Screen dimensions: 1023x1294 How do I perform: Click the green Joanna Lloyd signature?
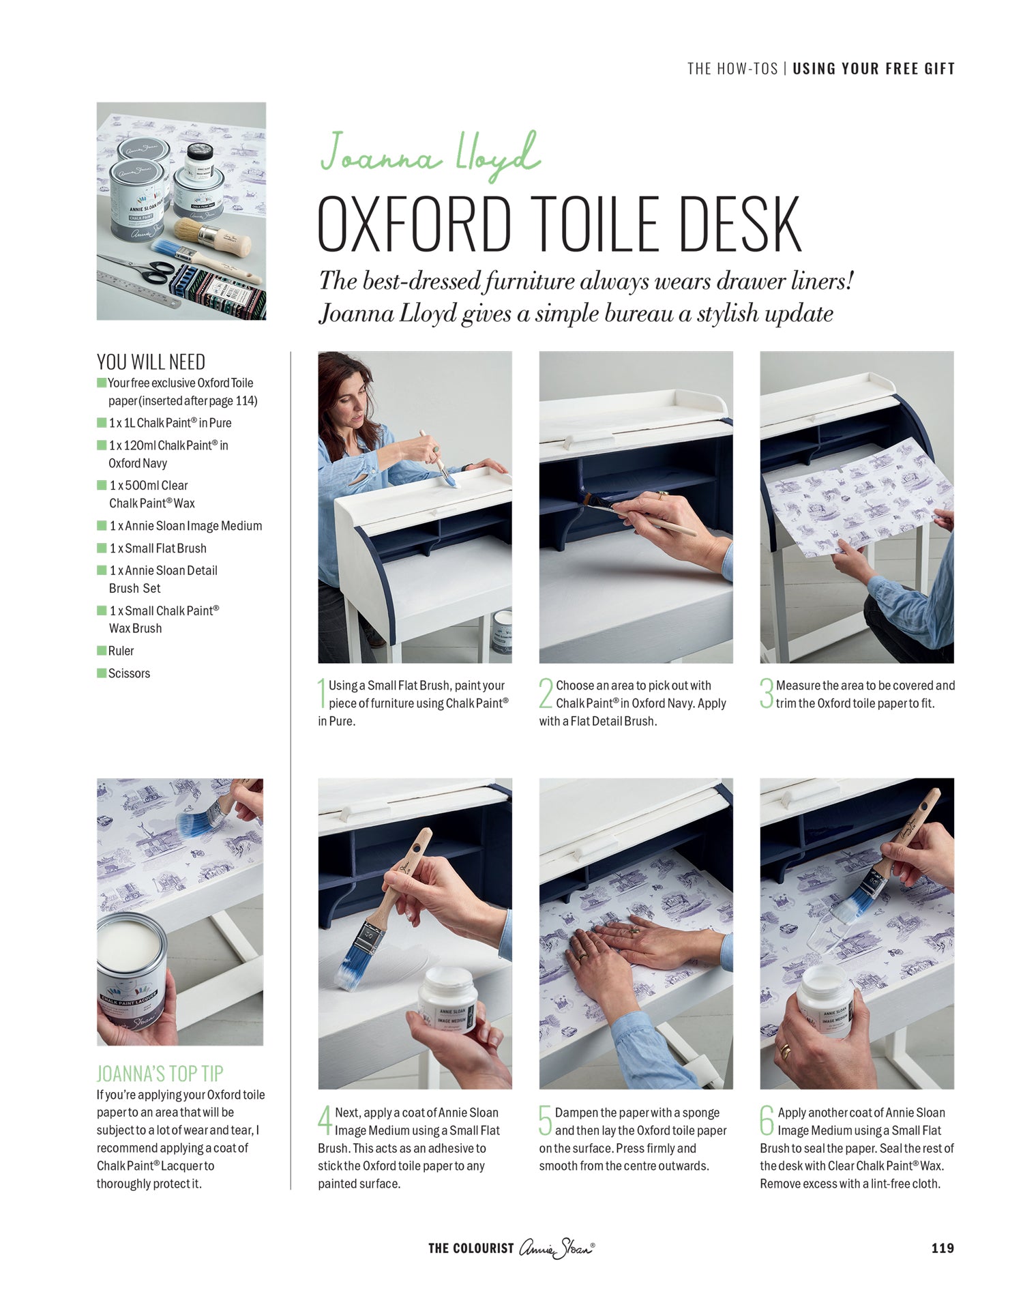point(430,156)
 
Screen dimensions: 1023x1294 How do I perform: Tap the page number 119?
point(943,1248)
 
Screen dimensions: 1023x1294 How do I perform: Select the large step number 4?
point(325,1121)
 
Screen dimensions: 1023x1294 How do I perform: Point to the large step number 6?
point(767,1121)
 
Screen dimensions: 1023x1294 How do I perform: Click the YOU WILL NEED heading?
point(151,362)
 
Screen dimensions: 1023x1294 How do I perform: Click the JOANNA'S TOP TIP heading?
point(160,1074)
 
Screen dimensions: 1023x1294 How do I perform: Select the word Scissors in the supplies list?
point(129,673)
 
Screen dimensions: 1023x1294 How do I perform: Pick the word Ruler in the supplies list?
point(121,651)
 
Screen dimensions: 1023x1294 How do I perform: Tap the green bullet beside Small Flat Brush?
point(102,548)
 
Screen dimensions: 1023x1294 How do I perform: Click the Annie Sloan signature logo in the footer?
point(557,1248)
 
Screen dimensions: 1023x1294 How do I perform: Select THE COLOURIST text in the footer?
point(471,1248)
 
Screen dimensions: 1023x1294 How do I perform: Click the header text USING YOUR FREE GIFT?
point(874,68)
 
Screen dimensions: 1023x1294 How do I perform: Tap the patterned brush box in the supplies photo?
point(217,291)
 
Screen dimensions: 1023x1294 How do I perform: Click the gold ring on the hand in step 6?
point(785,1051)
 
